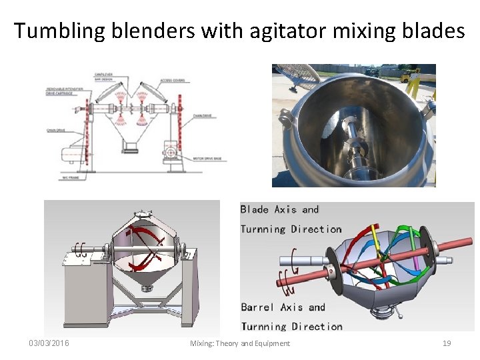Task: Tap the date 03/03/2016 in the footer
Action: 49,343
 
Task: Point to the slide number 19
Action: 447,343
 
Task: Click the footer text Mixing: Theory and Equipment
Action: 240,343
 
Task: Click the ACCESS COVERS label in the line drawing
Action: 172,81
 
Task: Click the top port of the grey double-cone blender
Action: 143,213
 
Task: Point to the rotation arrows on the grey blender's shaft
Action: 81,250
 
